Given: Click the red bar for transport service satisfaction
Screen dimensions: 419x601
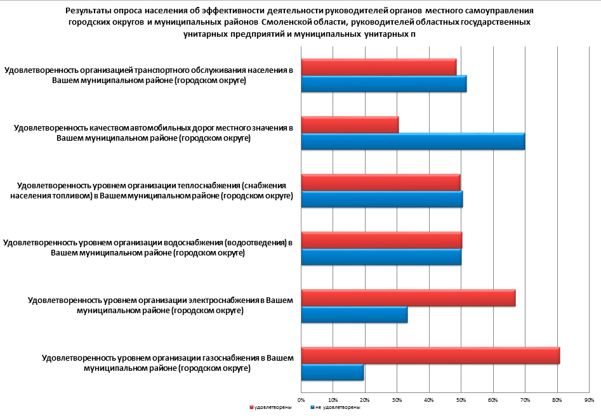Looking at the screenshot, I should tap(379, 67).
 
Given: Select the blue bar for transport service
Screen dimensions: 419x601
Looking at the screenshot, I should tap(384, 84).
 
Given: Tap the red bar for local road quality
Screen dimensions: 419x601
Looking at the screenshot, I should tap(350, 125).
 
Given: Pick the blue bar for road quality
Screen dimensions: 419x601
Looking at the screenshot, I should tap(413, 141).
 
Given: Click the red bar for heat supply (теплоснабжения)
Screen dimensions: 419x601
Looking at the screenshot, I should tap(381, 183).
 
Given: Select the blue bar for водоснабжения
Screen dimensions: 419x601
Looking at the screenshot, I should tap(381, 257).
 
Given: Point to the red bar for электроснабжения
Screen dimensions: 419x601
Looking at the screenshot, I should tap(408, 298).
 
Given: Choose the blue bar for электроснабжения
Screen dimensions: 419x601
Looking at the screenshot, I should tap(354, 314).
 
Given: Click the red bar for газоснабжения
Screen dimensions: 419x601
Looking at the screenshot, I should tap(430, 356).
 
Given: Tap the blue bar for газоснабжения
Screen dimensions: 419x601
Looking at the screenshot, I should tap(333, 372).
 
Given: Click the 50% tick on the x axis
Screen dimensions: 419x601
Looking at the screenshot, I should tap(461, 399).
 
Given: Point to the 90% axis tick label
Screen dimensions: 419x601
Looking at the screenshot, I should tap(589, 399).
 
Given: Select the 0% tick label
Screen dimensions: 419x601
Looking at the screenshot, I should tap(301, 399).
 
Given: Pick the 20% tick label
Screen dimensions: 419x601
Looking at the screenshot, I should tap(366, 399).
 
